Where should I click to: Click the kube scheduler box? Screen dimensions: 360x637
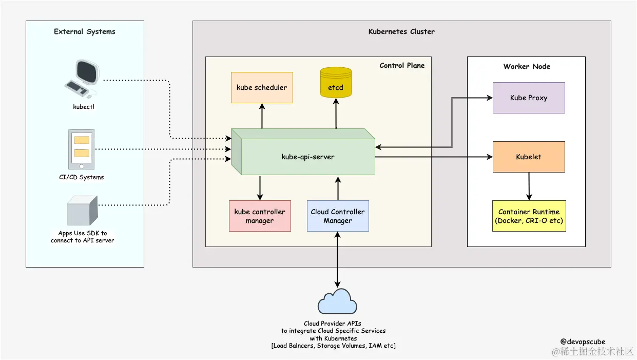(262, 87)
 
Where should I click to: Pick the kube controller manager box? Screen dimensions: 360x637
(260, 216)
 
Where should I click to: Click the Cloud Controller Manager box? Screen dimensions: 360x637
(338, 216)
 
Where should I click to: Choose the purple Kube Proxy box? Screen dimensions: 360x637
(529, 98)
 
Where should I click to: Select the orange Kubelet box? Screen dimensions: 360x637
(529, 157)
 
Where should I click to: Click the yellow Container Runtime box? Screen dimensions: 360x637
(529, 216)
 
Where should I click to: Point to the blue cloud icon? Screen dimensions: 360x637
(337, 301)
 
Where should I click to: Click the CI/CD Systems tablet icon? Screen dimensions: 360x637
(81, 149)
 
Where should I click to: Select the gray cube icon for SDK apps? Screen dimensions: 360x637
(82, 211)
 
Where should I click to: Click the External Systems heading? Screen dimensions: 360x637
(85, 31)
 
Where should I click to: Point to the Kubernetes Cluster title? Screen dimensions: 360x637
(401, 31)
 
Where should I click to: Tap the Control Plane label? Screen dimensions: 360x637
(402, 65)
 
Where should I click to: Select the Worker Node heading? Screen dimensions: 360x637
(527, 66)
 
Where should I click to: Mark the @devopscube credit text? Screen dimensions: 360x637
(583, 342)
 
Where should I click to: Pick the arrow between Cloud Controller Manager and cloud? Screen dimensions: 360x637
(337, 259)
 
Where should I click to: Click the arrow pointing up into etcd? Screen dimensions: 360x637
(336, 114)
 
